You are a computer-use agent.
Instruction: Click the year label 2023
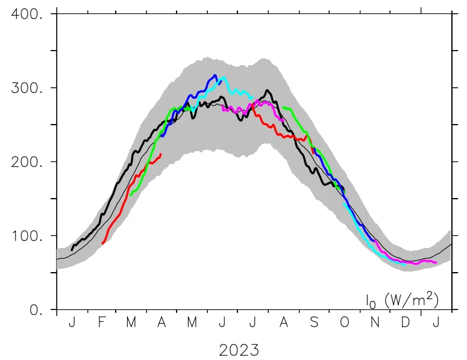(x=239, y=349)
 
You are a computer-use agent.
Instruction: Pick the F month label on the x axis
(x=101, y=323)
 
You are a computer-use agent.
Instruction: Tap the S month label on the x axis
(x=313, y=323)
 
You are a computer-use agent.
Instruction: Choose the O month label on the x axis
(x=344, y=323)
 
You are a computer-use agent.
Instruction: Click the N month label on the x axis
(x=375, y=323)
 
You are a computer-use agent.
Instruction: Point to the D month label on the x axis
(x=406, y=323)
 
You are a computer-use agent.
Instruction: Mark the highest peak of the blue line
(x=215, y=75)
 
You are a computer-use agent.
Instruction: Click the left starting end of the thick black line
(x=72, y=249)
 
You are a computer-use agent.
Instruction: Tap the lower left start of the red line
(x=103, y=243)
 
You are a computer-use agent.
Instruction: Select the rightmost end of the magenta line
(x=436, y=262)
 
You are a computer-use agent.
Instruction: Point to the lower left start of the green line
(x=130, y=195)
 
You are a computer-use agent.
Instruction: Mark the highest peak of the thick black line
(x=267, y=90)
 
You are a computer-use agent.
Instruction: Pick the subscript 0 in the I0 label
(x=373, y=302)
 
